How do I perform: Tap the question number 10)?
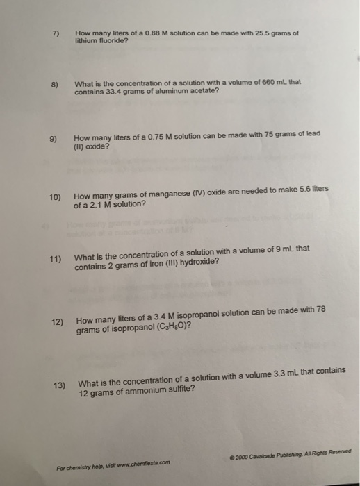point(56,198)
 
